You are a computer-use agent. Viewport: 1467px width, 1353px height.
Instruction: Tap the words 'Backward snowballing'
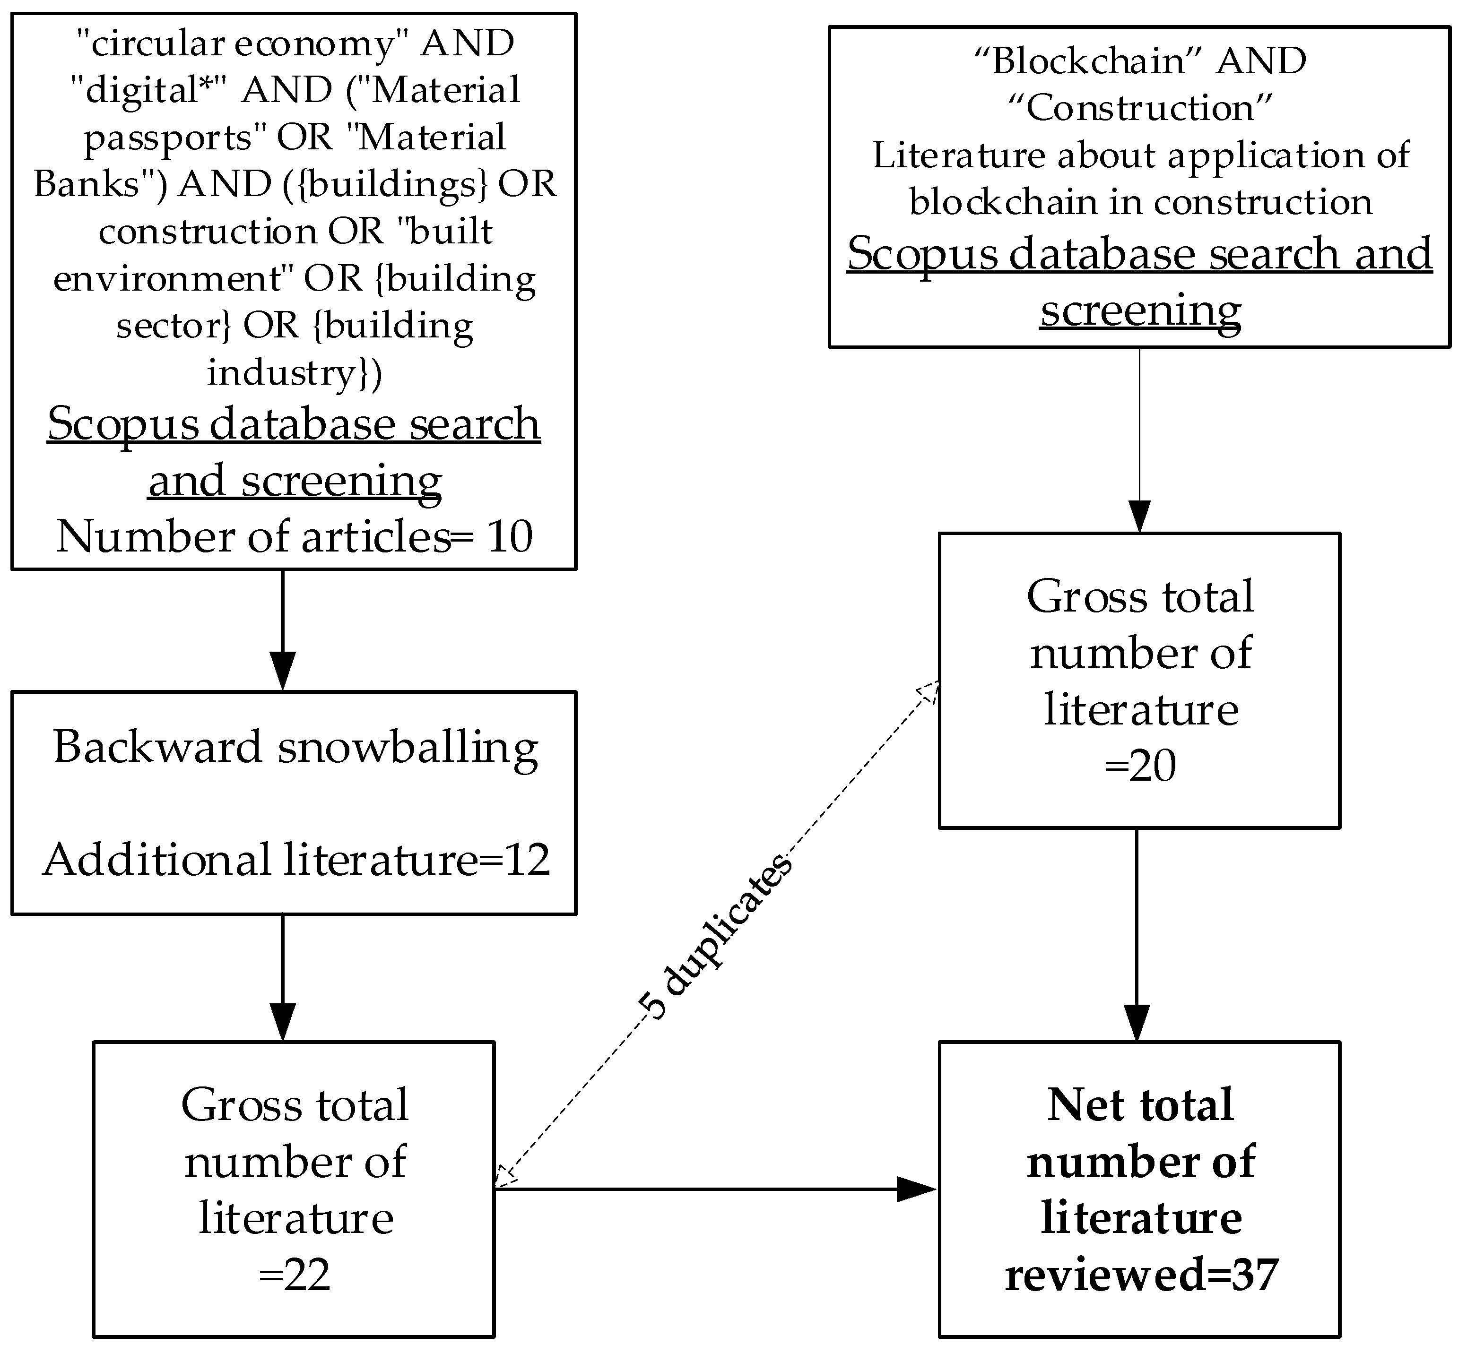point(296,748)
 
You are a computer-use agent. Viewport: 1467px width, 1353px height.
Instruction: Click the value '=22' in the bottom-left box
point(295,1275)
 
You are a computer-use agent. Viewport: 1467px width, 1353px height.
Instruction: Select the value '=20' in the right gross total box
point(1140,767)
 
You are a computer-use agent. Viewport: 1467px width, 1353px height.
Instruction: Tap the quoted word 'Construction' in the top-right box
point(1140,108)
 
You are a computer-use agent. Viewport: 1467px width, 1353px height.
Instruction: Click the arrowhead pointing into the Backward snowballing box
point(283,671)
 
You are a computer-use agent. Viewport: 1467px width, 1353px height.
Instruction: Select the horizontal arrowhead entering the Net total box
point(917,1189)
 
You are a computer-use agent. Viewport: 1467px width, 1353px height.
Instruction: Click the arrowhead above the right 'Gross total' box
point(1140,516)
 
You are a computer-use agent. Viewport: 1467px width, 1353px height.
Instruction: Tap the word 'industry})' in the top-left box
point(295,373)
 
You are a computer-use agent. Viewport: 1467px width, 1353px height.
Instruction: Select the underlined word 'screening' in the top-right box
point(1140,311)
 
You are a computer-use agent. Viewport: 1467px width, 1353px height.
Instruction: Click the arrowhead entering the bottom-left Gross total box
point(283,1021)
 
